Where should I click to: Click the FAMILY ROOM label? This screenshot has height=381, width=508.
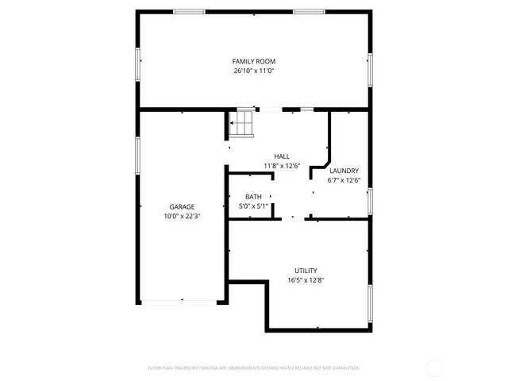click(x=254, y=61)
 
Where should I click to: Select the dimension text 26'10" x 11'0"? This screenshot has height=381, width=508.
click(x=254, y=71)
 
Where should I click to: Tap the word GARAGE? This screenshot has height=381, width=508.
click(x=182, y=206)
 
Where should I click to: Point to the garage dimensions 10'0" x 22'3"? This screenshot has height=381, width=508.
click(x=182, y=216)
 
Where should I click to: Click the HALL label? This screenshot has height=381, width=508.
click(x=282, y=156)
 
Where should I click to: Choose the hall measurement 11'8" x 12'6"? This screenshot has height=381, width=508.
click(x=282, y=166)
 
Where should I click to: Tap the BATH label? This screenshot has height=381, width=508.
click(x=253, y=197)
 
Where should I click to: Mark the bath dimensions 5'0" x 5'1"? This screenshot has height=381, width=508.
click(x=253, y=206)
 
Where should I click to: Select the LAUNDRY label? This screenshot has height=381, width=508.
click(x=344, y=171)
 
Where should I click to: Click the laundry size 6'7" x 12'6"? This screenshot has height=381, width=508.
click(x=344, y=180)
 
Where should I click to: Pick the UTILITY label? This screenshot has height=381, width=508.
click(x=306, y=270)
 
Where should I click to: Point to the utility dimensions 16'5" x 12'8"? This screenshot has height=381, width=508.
click(x=306, y=279)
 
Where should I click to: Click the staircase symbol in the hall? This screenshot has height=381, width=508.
click(x=241, y=124)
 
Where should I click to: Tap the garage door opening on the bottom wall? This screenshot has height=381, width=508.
click(x=182, y=301)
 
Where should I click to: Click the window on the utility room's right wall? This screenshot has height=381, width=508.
click(x=370, y=302)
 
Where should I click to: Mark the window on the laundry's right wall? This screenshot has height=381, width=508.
click(x=370, y=201)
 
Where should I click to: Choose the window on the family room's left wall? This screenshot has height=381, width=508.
click(x=138, y=63)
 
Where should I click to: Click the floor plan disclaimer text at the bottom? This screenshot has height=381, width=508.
click(x=254, y=368)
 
